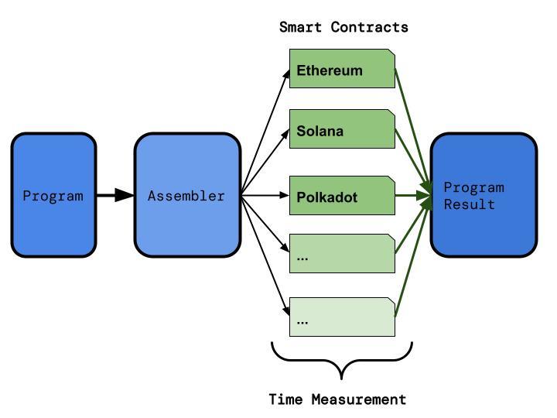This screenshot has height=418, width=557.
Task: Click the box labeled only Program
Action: point(53,195)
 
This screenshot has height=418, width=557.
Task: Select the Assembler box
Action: point(187,195)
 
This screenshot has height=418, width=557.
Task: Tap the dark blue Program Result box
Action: point(484,195)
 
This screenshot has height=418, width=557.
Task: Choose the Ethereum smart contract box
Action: point(342,70)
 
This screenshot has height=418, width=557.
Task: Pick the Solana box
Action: point(342,130)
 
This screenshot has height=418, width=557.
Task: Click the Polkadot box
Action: point(342,197)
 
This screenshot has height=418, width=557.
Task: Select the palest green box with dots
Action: point(342,317)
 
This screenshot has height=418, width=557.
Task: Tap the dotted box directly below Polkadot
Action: point(342,254)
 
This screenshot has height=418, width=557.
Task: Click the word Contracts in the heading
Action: point(369,27)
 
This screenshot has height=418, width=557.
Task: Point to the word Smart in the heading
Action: point(302,27)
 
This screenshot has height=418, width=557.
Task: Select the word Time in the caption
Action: point(286,399)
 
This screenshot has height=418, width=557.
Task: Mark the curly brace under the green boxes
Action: point(342,360)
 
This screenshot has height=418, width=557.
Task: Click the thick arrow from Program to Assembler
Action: point(114,195)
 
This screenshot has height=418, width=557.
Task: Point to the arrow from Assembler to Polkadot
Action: point(263,195)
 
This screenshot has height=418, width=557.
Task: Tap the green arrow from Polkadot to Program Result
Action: point(412,195)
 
